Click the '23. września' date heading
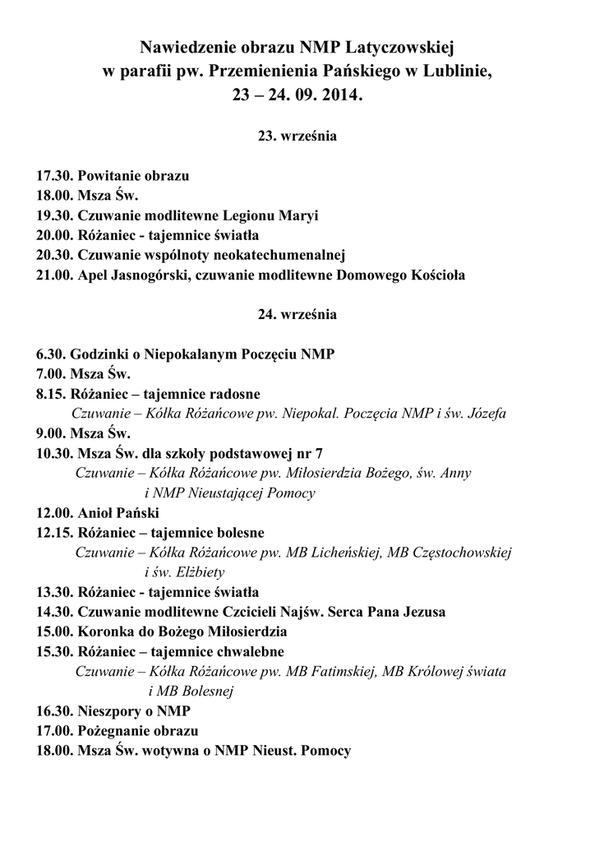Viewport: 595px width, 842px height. (x=297, y=136)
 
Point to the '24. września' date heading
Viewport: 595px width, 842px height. (x=297, y=314)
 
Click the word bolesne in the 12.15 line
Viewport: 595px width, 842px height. (x=235, y=532)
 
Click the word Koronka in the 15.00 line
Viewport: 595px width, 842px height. (x=106, y=631)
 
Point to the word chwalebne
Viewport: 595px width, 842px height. (x=244, y=651)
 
